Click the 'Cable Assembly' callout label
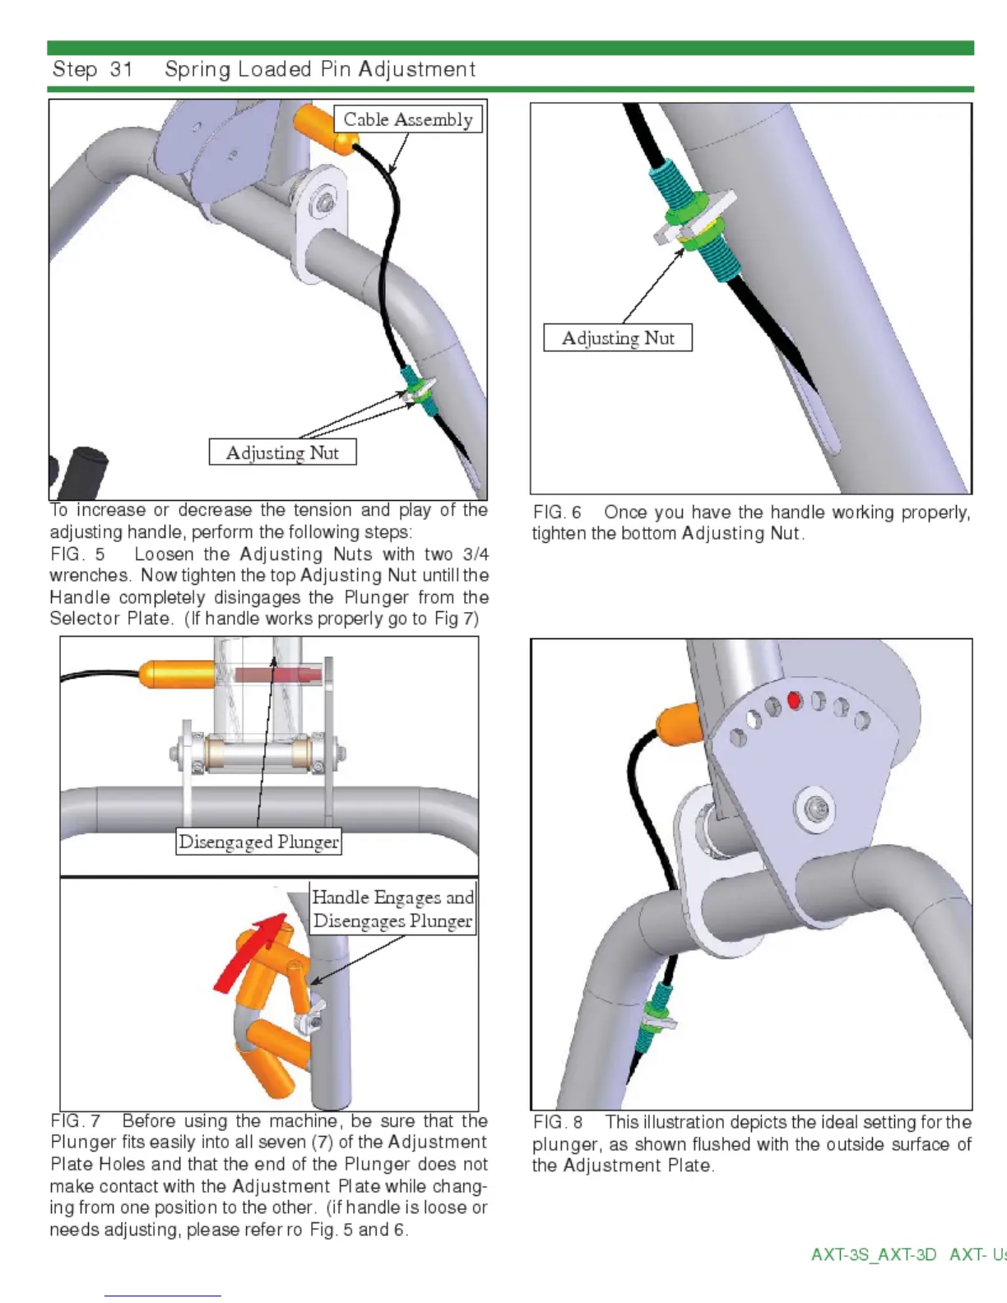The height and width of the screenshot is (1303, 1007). pyautogui.click(x=408, y=119)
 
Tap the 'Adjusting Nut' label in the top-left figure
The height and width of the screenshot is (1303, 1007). pyautogui.click(x=282, y=452)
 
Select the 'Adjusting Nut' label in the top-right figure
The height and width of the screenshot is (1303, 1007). pyautogui.click(x=618, y=338)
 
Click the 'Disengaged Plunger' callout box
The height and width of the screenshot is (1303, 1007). pyautogui.click(x=258, y=842)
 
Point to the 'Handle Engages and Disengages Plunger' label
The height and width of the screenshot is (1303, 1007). pyautogui.click(x=392, y=909)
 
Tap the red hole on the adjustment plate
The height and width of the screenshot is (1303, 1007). pyautogui.click(x=794, y=700)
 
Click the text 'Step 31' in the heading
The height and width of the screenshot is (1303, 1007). pyautogui.click(x=92, y=70)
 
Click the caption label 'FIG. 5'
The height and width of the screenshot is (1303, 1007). pyautogui.click(x=77, y=554)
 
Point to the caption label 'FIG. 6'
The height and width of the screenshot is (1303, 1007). pyautogui.click(x=557, y=512)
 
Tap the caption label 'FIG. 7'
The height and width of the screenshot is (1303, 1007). pyautogui.click(x=76, y=1121)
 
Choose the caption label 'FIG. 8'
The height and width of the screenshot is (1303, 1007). pyautogui.click(x=558, y=1123)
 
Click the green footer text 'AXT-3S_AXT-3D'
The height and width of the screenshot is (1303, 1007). pyautogui.click(x=873, y=1254)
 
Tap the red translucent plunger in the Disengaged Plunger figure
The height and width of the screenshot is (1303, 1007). pyautogui.click(x=277, y=675)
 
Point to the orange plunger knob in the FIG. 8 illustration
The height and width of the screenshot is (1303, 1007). pyautogui.click(x=678, y=723)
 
